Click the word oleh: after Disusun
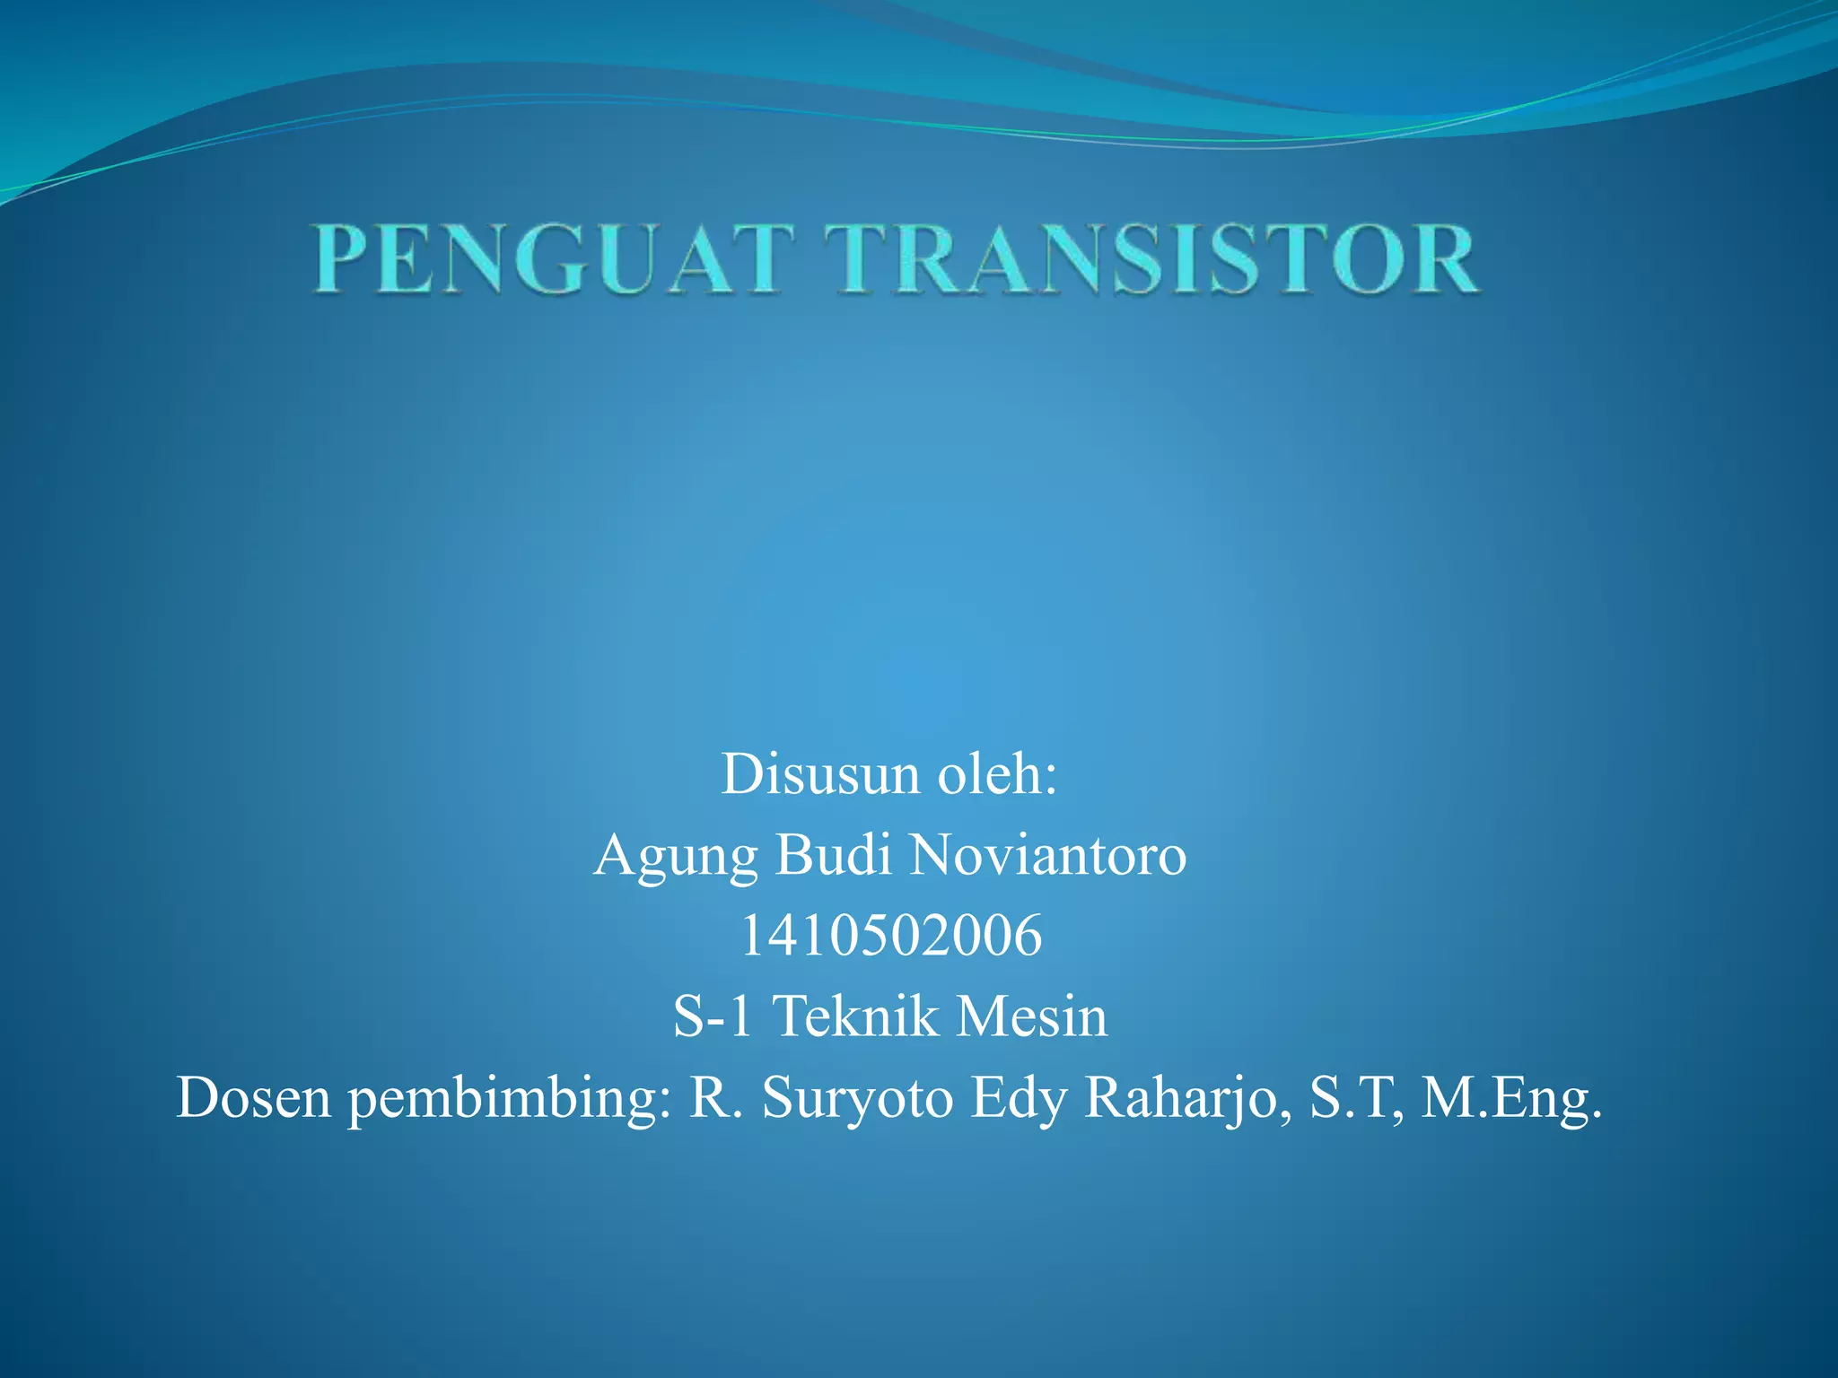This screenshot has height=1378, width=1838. click(x=998, y=774)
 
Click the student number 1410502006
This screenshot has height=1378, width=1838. click(x=890, y=936)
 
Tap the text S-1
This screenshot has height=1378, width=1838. click(x=713, y=1016)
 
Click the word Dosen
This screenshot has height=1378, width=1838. click(x=253, y=1097)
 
